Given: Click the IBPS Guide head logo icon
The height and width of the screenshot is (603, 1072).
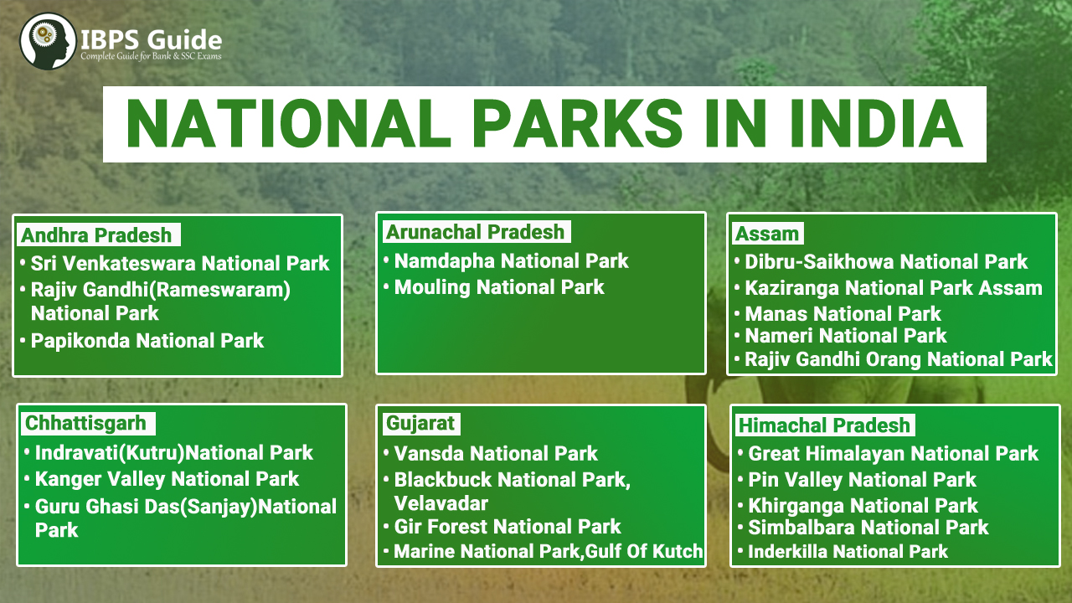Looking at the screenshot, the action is (x=48, y=41).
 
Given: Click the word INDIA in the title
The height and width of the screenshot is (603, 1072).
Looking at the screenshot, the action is (x=877, y=124).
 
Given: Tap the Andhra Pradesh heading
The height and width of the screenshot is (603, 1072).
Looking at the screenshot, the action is (x=96, y=235).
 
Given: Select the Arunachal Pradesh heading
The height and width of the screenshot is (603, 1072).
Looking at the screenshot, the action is (x=475, y=232).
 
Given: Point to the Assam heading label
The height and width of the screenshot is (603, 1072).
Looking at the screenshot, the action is (x=767, y=234).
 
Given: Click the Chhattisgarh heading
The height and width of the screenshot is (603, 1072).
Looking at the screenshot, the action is (x=85, y=424).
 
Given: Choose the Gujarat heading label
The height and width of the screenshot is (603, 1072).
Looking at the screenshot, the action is (x=420, y=424).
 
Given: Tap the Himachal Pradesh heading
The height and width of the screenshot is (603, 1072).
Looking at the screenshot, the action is (x=824, y=425).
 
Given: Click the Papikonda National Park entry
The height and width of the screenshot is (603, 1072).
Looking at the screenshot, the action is (x=147, y=341).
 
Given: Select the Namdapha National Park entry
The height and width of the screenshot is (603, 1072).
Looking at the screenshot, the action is (x=511, y=261).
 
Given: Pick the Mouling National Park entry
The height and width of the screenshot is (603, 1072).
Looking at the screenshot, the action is (x=499, y=287).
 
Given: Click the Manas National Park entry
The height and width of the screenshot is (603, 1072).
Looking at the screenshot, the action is (x=843, y=314).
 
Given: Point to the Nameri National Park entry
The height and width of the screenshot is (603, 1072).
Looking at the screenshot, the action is (x=846, y=336).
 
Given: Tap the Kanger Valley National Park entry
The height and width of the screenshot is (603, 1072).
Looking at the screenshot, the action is (x=167, y=479).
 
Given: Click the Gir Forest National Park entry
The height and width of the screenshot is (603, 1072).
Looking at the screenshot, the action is (x=508, y=527).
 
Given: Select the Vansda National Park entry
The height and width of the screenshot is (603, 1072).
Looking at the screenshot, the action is (x=496, y=454).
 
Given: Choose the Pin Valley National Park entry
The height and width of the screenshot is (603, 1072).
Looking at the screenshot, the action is (x=862, y=480).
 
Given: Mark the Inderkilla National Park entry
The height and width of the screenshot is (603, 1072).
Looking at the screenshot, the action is (x=848, y=551).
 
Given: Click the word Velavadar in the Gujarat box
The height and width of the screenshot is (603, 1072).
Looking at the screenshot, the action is (x=441, y=503).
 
